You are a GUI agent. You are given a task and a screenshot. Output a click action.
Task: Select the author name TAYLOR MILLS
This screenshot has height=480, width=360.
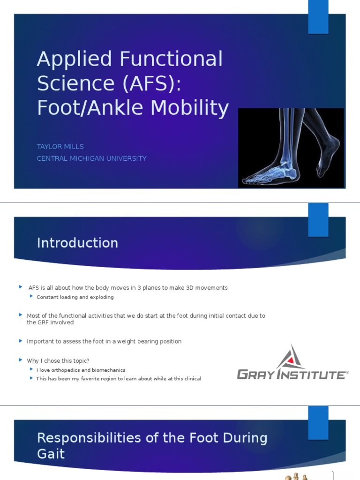click(60, 147)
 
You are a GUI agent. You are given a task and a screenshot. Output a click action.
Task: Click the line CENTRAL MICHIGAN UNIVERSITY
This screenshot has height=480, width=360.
click(91, 158)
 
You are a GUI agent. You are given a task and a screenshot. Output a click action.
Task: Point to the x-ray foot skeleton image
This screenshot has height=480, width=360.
click(291, 148)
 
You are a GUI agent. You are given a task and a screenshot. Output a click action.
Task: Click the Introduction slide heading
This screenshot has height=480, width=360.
click(77, 243)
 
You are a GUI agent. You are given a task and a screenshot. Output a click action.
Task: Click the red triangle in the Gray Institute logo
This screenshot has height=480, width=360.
click(291, 360)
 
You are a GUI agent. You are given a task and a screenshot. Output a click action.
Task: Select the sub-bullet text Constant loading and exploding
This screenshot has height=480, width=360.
click(75, 297)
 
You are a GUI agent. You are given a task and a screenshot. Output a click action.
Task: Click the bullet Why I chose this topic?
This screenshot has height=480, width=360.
click(58, 360)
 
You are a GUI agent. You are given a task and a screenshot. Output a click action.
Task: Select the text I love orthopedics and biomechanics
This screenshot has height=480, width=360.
click(81, 370)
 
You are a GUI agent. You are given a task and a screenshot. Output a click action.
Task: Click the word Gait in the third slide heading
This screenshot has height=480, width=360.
click(51, 454)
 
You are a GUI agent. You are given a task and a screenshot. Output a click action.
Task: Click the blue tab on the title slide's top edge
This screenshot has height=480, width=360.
click(318, 17)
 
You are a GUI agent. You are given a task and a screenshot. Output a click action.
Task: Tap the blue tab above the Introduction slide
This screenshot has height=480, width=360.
click(318, 219)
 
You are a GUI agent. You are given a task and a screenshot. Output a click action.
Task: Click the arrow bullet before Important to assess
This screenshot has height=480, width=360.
click(21, 341)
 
